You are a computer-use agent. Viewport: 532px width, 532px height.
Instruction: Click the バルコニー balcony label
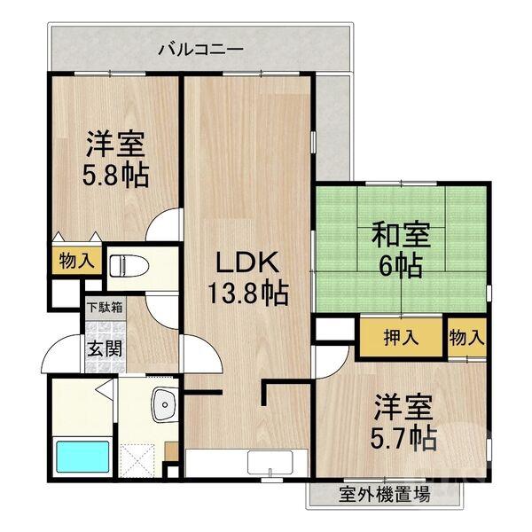(x=200, y=49)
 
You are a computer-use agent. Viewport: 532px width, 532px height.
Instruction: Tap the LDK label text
(x=248, y=262)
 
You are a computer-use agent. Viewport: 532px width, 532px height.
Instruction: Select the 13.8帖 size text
(x=248, y=293)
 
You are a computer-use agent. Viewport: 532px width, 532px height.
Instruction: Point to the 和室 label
(x=401, y=237)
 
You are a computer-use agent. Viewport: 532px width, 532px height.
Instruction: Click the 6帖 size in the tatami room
(x=401, y=266)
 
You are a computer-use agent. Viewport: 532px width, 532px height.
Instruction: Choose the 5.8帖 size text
(x=116, y=174)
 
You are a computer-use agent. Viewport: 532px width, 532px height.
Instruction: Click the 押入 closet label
(x=400, y=337)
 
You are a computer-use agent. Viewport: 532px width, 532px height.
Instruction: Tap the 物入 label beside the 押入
(x=467, y=337)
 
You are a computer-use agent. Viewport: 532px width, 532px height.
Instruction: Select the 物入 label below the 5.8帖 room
(x=76, y=261)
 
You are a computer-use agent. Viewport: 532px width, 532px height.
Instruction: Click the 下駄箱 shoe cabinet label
(x=105, y=309)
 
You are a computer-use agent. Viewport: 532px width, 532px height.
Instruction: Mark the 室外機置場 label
(x=385, y=494)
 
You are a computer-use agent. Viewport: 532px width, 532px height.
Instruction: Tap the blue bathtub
(x=83, y=457)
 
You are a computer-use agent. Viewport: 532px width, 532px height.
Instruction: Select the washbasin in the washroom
(x=164, y=406)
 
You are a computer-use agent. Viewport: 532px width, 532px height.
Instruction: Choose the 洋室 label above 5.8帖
(x=116, y=144)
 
